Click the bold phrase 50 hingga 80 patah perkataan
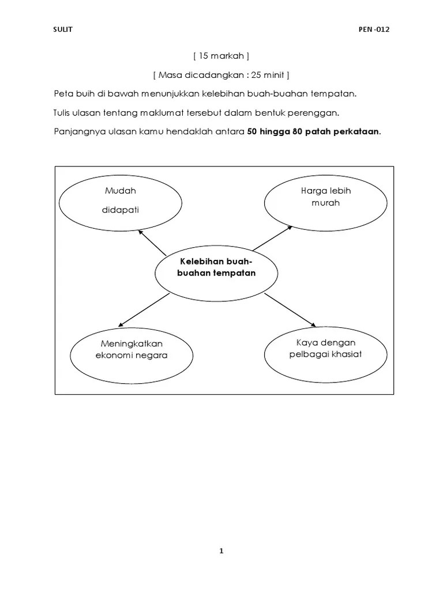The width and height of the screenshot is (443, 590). pyautogui.click(x=313, y=131)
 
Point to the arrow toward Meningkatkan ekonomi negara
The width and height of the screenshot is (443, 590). pyautogui.click(x=143, y=311)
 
